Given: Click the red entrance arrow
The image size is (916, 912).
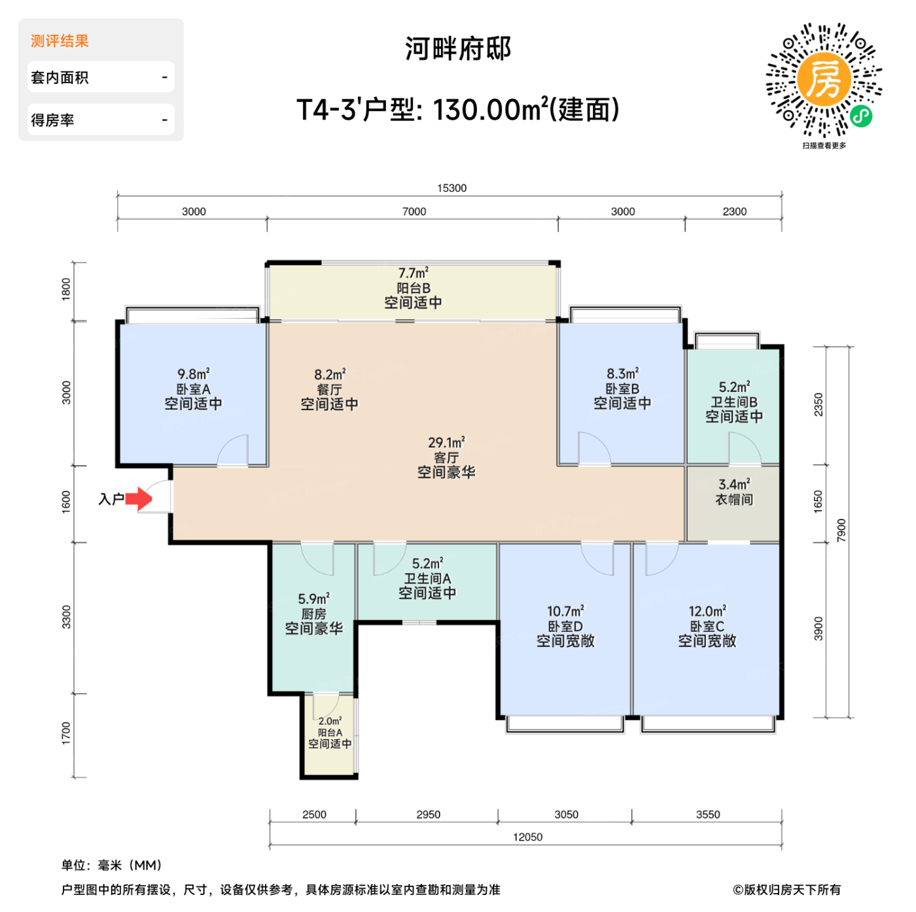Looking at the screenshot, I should [139, 499].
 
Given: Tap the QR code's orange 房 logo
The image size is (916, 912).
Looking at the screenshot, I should [823, 79].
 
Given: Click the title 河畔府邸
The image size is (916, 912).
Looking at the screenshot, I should [458, 49].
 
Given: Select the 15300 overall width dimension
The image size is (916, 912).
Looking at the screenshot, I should [451, 188].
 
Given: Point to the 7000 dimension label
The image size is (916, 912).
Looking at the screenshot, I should [414, 212].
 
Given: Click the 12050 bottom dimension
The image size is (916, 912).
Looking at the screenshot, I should [527, 837].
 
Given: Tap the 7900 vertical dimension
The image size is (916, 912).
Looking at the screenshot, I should [841, 531].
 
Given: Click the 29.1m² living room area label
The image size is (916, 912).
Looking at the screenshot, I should [446, 443].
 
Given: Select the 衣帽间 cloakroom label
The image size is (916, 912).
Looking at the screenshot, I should [733, 500].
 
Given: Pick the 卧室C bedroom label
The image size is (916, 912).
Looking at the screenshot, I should [707, 626].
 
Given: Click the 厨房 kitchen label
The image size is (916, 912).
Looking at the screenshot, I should [313, 614].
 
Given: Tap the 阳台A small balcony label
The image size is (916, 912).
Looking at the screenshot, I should [330, 733].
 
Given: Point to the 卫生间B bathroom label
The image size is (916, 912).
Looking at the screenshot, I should [734, 402].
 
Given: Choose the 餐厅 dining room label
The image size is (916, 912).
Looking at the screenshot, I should [329, 390].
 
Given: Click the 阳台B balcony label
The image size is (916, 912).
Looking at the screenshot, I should [413, 289].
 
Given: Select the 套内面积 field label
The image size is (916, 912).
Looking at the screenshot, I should [60, 78].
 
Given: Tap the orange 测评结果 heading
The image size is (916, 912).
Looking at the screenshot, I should [60, 41].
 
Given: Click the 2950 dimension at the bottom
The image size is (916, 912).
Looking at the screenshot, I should [428, 815].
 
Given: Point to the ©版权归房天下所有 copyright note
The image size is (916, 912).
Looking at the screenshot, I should [786, 890].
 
